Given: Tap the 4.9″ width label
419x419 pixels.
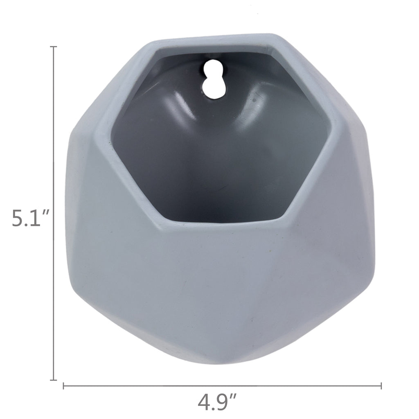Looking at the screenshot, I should point(217,402).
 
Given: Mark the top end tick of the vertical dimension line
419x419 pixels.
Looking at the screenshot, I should point(54,47).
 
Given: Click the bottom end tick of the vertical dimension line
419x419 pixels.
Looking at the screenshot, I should point(54,380).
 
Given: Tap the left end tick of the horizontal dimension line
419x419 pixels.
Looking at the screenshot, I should point(63,385).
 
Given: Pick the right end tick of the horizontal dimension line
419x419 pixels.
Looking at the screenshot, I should point(381,385).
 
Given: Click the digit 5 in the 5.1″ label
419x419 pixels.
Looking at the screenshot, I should point(18,219).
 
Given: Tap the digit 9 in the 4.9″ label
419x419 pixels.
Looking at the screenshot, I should point(224,403).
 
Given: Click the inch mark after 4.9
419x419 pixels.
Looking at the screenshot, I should point(234,397).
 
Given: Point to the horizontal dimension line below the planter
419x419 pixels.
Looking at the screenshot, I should point(286,385).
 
